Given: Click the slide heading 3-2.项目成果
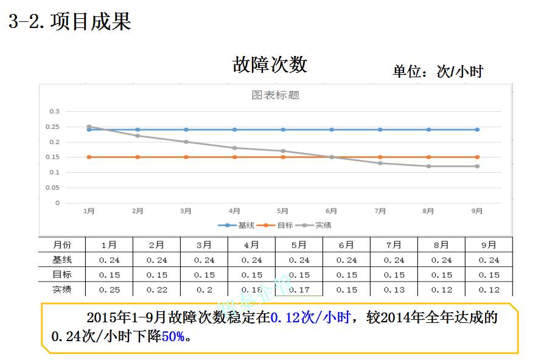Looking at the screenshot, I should click(x=70, y=22).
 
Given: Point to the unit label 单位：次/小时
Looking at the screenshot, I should click(x=438, y=72).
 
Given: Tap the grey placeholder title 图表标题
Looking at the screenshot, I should click(x=276, y=95).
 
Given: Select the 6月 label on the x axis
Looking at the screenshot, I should click(x=331, y=211).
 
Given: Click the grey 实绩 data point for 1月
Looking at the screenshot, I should click(x=89, y=126).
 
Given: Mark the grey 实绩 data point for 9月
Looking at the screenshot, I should click(x=477, y=166).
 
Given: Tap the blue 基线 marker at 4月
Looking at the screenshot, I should click(x=234, y=130).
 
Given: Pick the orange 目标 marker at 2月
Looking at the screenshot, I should click(x=138, y=157).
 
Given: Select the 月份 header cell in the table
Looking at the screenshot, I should click(x=62, y=244).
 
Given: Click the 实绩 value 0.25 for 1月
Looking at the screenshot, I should click(x=110, y=289).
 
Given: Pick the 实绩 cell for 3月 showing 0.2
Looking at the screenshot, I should click(x=204, y=289).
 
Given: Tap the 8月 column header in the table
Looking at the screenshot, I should click(x=442, y=244).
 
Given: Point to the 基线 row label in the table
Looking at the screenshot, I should click(x=62, y=260).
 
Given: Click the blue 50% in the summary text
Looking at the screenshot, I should click(x=173, y=336).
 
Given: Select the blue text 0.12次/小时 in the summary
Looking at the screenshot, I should click(x=310, y=317).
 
